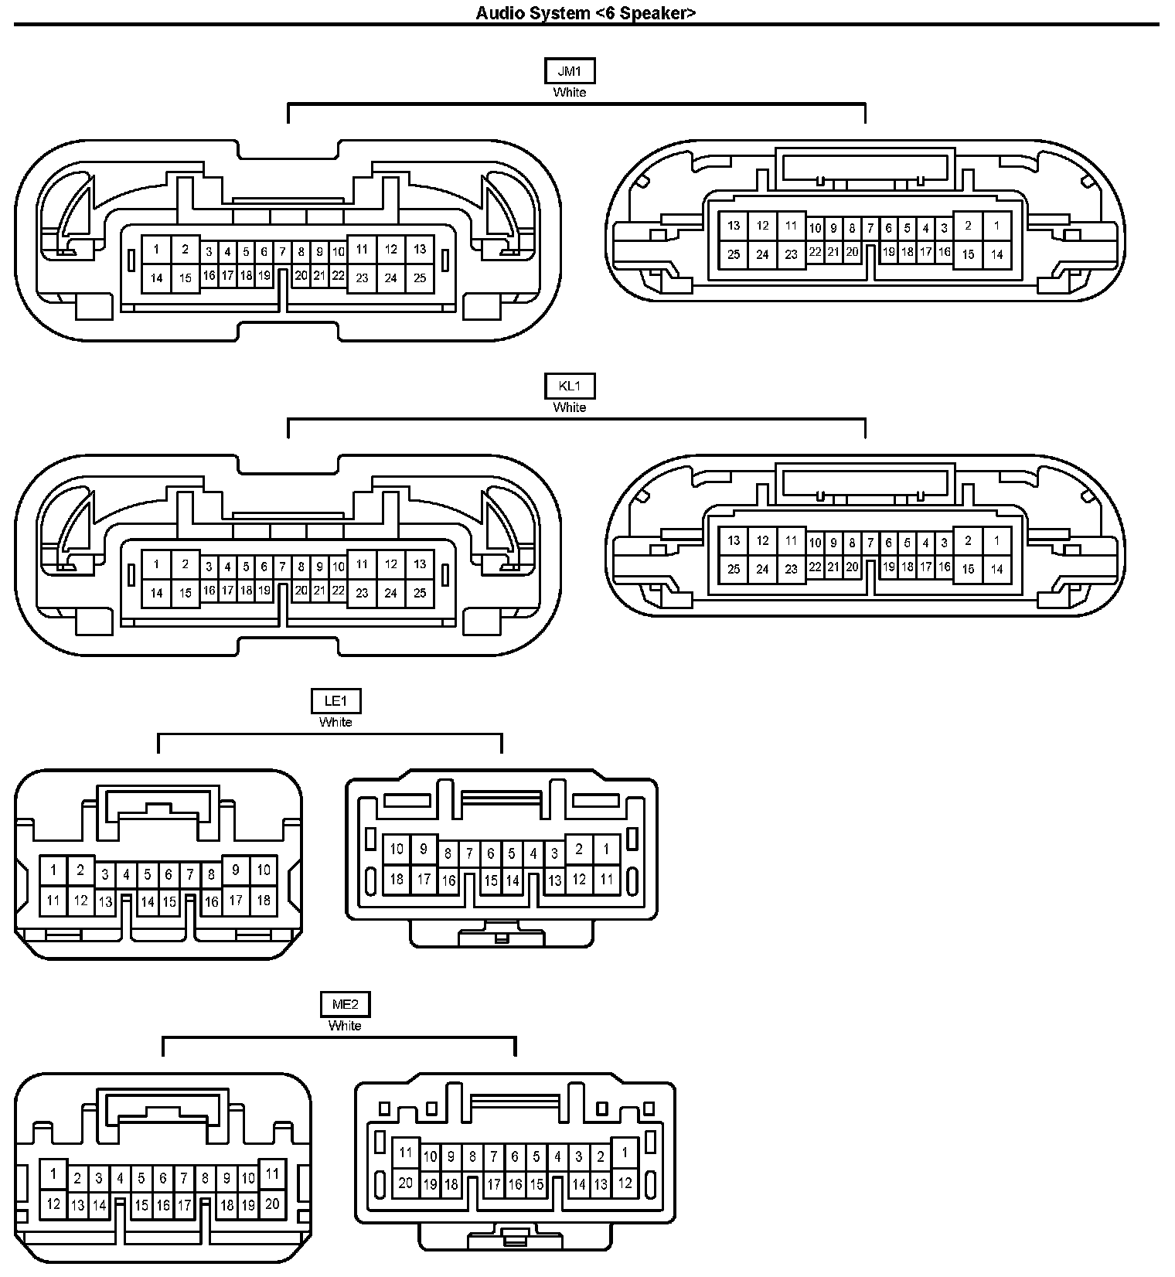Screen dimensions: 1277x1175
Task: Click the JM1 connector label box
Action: [x=570, y=71]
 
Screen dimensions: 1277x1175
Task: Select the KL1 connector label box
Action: [x=570, y=386]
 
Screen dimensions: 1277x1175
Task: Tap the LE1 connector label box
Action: [x=335, y=701]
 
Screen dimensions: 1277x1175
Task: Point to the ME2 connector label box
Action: [x=345, y=1004]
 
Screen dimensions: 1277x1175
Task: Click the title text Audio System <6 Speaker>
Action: [x=586, y=12]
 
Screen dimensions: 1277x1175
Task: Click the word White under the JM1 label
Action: [x=570, y=92]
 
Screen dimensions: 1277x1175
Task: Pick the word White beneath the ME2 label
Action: [x=345, y=1026]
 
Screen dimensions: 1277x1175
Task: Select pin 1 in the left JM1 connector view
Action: [x=156, y=249]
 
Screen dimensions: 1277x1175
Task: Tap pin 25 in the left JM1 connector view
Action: [x=420, y=278]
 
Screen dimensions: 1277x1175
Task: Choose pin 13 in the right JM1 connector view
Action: [x=734, y=226]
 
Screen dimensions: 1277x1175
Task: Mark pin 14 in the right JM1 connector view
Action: [x=996, y=254]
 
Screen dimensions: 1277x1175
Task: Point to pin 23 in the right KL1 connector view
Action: [x=791, y=570]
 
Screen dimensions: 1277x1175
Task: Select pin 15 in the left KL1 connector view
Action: [x=186, y=593]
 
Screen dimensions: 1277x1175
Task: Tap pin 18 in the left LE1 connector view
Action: [x=264, y=900]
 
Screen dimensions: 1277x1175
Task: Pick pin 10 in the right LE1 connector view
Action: [x=397, y=849]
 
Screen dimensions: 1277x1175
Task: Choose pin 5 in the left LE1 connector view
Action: [x=148, y=875]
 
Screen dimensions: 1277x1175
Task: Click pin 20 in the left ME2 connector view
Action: [x=271, y=1204]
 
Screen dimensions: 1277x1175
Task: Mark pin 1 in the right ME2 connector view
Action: [x=625, y=1153]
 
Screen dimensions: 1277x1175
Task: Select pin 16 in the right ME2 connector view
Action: [x=515, y=1183]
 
